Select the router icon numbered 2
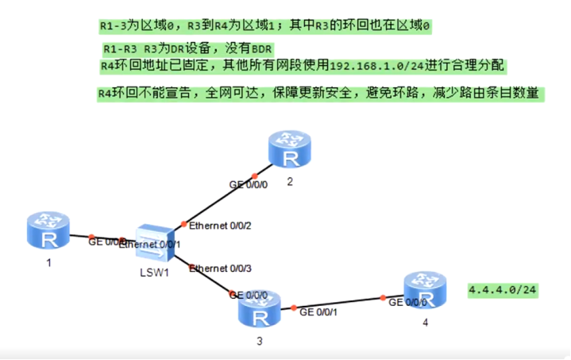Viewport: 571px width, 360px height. (x=288, y=149)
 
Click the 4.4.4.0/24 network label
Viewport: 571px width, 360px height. (x=503, y=290)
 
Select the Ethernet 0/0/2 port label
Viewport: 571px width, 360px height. (x=220, y=226)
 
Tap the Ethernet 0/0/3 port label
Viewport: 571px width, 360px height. (x=220, y=269)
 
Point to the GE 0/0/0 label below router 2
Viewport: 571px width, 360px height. (x=249, y=184)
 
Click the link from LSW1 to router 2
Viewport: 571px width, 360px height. (x=218, y=199)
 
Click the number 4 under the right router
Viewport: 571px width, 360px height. (x=425, y=323)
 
